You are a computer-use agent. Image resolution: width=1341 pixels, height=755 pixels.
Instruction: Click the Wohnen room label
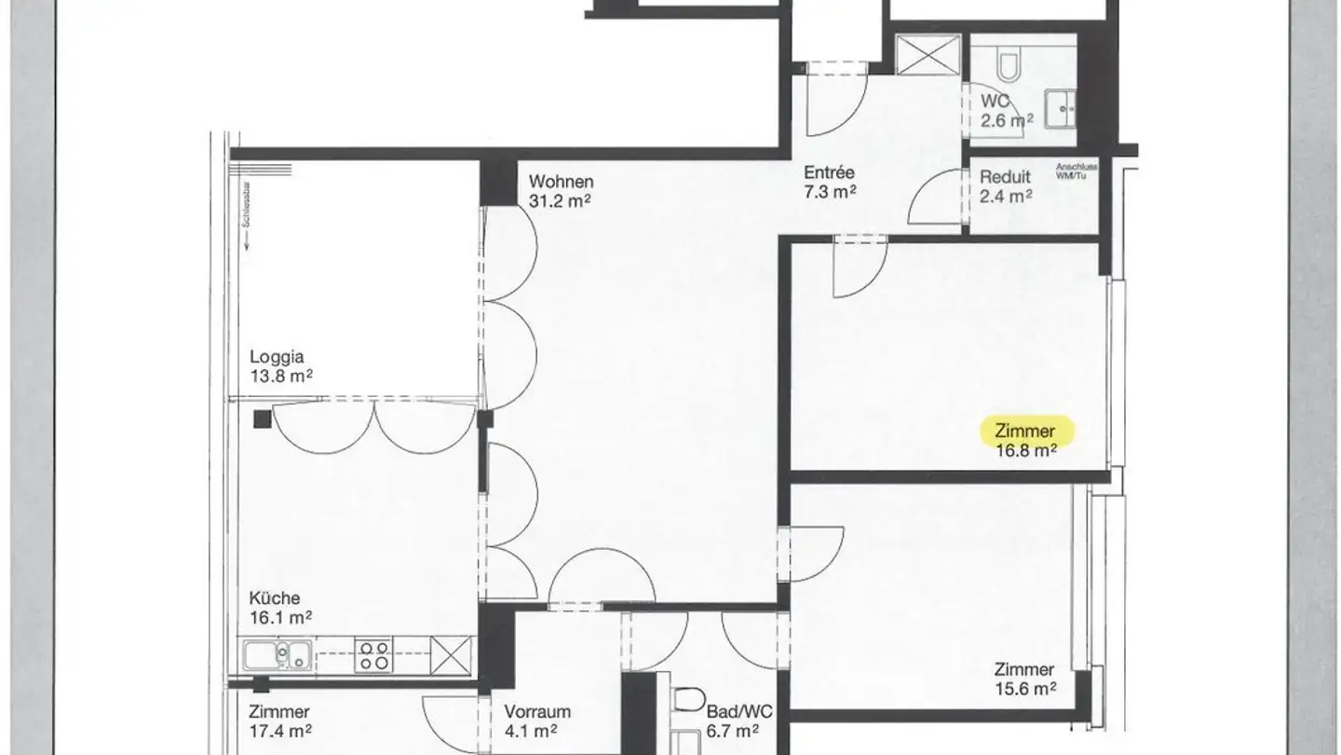[x=561, y=181]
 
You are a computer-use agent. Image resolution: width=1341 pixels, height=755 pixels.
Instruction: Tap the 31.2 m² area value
[x=561, y=199]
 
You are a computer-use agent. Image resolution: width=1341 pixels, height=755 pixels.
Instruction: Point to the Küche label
[x=275, y=598]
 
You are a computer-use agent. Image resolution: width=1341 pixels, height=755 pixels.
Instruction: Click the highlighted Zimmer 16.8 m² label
[x=1026, y=431]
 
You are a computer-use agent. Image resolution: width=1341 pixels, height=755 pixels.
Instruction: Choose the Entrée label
[x=829, y=173]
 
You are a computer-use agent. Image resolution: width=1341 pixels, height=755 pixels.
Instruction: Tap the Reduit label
[x=1005, y=177]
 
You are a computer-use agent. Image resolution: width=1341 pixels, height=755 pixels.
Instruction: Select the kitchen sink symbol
[x=277, y=655]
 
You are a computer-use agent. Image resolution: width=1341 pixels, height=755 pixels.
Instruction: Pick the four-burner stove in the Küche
[x=374, y=655]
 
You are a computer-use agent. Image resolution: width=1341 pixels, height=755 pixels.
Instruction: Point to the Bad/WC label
[x=733, y=711]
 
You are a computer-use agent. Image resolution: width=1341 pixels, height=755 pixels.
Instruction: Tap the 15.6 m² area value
[x=1024, y=689]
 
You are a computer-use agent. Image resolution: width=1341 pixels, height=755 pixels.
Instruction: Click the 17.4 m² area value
[x=280, y=731]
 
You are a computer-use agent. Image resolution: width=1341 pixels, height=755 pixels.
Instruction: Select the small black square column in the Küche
[x=264, y=419]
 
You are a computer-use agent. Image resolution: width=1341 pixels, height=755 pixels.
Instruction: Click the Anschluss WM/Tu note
[x=1078, y=172]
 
